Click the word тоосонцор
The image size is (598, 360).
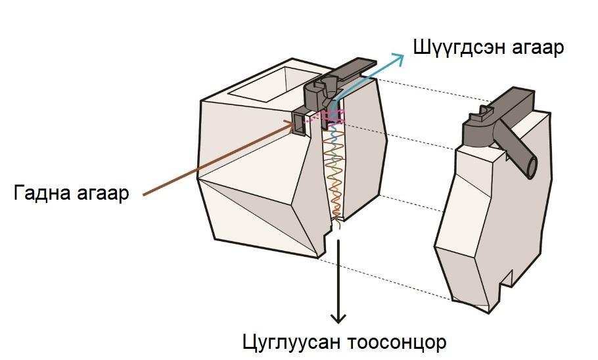click(x=392, y=343)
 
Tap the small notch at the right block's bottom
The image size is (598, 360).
click(x=507, y=279)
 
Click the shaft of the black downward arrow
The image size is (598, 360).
click(x=338, y=276)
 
